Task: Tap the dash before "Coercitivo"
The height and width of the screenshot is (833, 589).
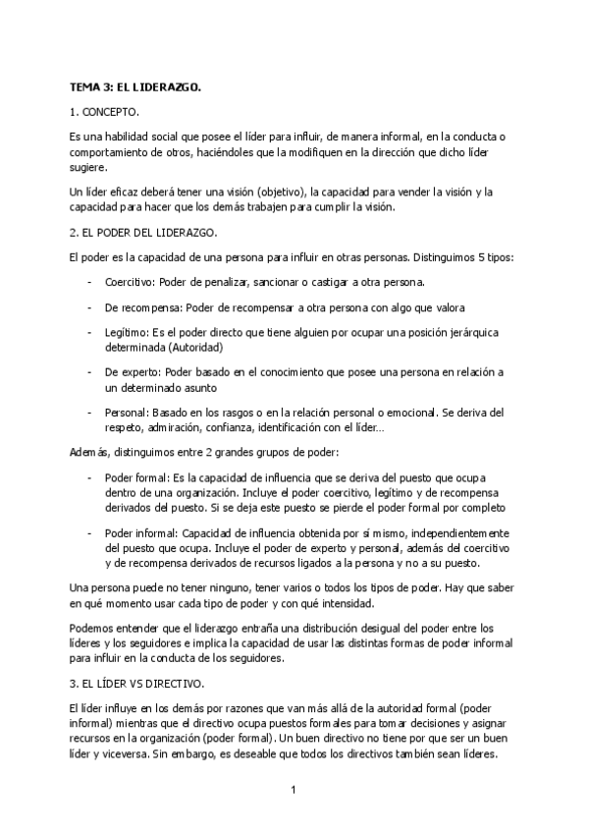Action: pos(89,281)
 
